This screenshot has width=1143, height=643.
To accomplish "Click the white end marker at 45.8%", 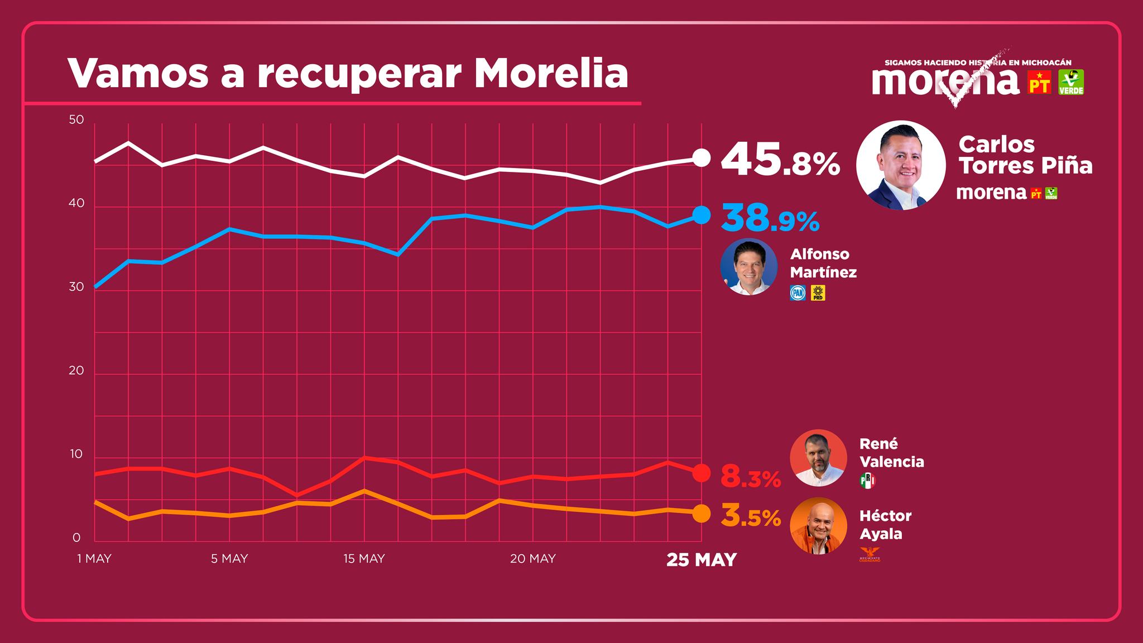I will (701, 158).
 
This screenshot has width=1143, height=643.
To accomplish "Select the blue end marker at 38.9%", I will (701, 214).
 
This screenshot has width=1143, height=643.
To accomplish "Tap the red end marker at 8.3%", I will (701, 473).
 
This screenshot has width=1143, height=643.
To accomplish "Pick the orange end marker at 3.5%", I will (701, 514).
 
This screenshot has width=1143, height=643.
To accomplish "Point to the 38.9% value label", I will (770, 218).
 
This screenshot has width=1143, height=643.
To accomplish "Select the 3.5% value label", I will (751, 516).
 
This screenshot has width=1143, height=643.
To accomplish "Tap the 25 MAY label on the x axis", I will (702, 559).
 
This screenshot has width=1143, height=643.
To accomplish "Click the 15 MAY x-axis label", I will (364, 559).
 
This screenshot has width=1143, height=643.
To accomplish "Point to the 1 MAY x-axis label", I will (94, 559).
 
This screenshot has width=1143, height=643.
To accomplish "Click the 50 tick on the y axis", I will (76, 120).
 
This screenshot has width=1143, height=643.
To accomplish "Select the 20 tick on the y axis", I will (76, 371).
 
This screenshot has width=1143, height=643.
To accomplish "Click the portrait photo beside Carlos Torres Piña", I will (901, 165).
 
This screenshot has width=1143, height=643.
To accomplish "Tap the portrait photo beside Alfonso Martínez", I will (748, 267).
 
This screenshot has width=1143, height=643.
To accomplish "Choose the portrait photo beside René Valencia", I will (818, 458).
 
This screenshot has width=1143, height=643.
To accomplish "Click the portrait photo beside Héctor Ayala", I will (818, 526).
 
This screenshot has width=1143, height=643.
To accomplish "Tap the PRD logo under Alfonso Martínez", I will (818, 293).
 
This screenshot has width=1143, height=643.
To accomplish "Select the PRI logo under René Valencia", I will (867, 481).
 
